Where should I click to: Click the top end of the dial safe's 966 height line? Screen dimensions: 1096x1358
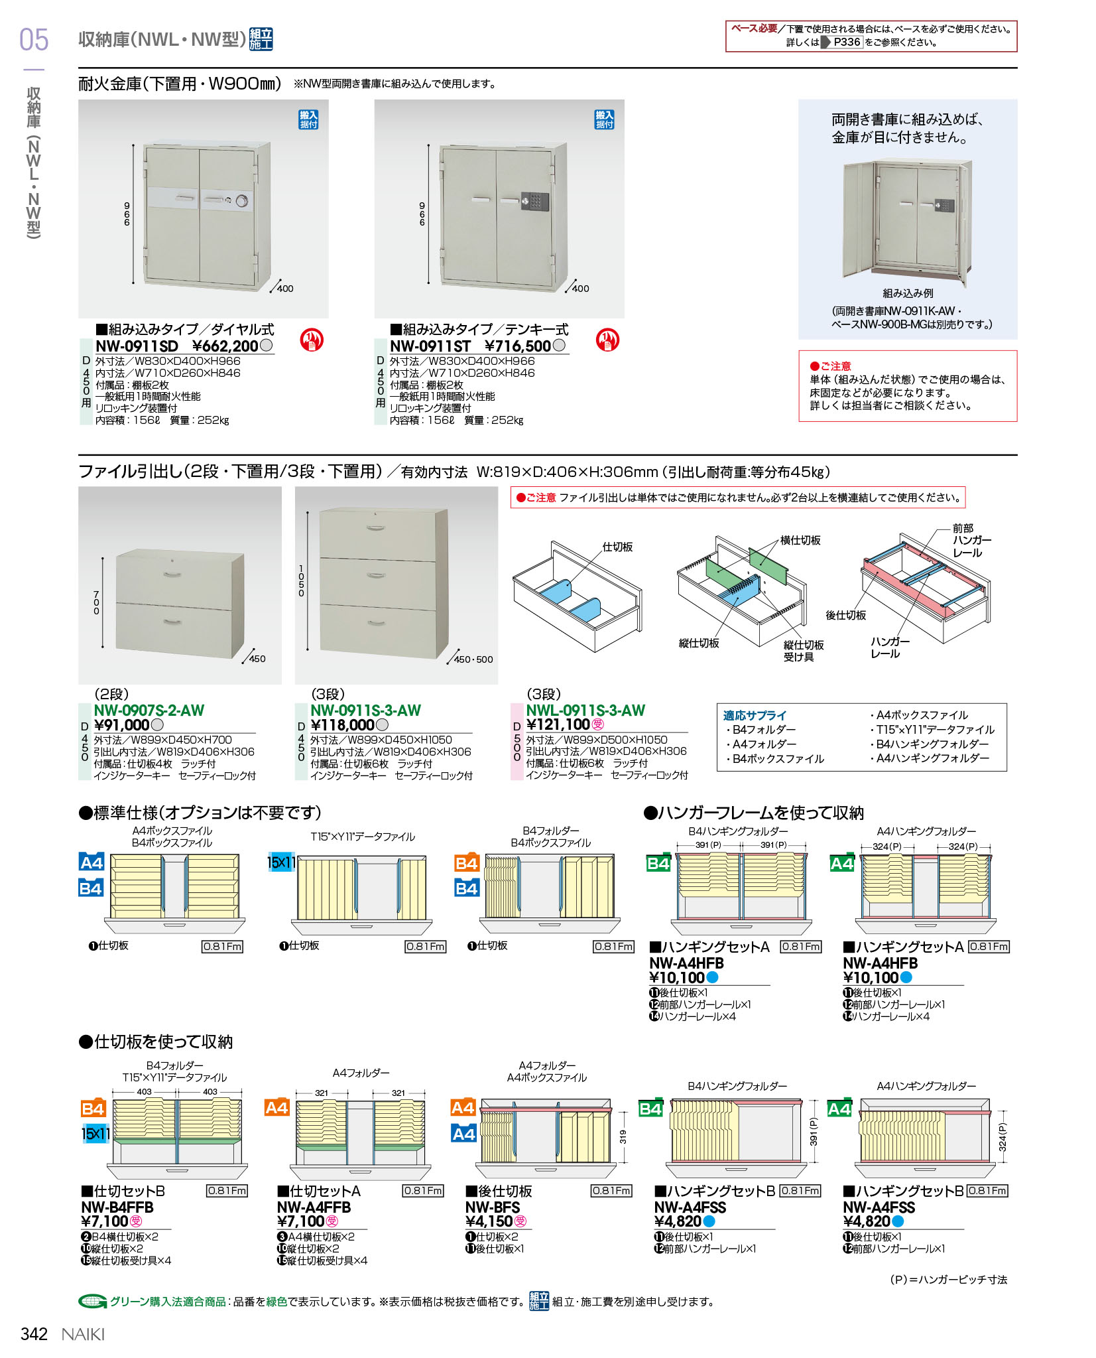coord(133,144)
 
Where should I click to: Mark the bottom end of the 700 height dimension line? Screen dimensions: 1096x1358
coord(103,647)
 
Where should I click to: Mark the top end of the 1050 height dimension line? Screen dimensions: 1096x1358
coord(307,513)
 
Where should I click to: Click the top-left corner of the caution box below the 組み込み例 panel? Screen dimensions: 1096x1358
coord(799,351)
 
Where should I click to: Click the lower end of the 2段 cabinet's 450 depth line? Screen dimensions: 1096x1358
coord(242,663)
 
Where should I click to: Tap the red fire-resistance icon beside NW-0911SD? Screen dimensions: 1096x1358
coord(311,340)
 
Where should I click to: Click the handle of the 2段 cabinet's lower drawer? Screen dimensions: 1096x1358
coord(172,622)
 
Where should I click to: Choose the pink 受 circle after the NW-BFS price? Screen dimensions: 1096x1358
coord(520,1221)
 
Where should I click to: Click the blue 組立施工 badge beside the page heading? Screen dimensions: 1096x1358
coord(261,39)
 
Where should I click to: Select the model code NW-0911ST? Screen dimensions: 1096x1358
coord(430,346)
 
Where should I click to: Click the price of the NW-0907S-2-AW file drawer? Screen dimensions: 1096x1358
coord(122,725)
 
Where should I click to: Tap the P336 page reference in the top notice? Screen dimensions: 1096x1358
coord(847,42)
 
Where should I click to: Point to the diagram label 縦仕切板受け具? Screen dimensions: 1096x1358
coord(804,651)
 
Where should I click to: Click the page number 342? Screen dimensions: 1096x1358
coord(34,1334)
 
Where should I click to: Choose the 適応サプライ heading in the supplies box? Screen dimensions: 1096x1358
coord(755,715)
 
